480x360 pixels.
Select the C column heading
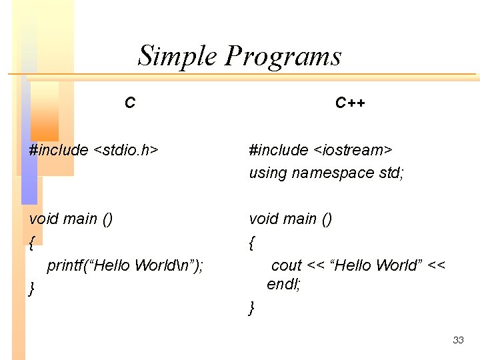130,103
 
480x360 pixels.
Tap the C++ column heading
350,103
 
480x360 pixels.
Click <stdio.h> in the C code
126,150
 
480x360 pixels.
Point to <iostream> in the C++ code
353,150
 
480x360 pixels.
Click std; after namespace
389,173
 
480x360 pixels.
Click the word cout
287,265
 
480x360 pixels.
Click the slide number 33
458,340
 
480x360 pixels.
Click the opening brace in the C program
32,243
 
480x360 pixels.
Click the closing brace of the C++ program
251,307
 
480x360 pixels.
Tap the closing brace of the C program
32,289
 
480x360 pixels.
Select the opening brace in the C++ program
251,243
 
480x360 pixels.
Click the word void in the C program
44,219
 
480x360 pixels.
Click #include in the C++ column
279,150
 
